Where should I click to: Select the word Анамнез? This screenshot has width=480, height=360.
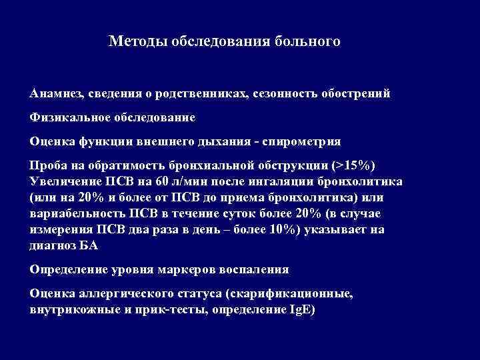pyautogui.click(x=55, y=93)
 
